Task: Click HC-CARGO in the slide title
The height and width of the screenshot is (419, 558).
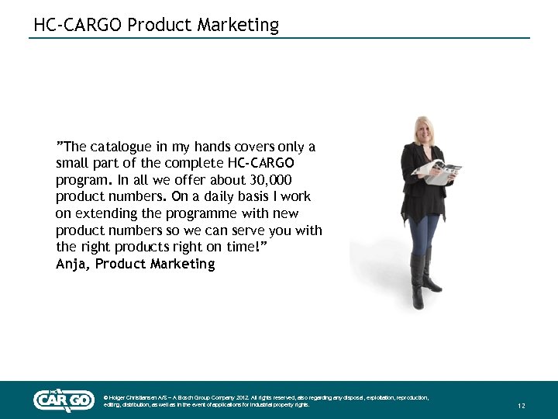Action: (77, 25)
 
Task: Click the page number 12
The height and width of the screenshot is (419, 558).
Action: (522, 406)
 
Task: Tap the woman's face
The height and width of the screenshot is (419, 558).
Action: (425, 129)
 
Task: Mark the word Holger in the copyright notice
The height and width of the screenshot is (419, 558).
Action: (119, 397)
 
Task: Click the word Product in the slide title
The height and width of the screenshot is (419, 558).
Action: (160, 25)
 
